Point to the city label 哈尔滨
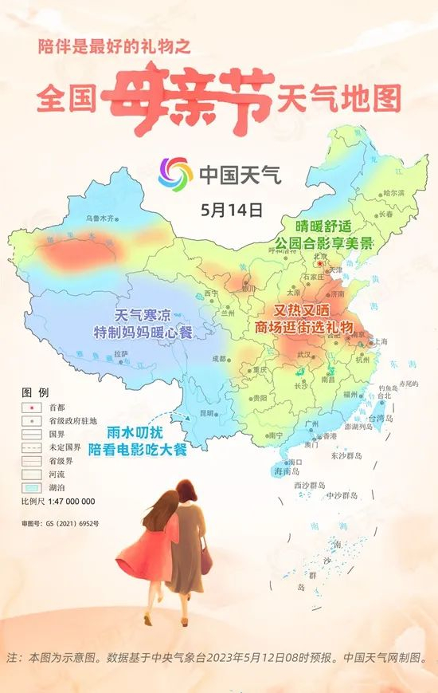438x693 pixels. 393,192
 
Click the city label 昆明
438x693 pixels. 207,413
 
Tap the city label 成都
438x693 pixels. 220,359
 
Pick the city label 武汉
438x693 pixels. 303,353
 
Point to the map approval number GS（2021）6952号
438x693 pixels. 61,523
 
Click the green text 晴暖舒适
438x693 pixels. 323,226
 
